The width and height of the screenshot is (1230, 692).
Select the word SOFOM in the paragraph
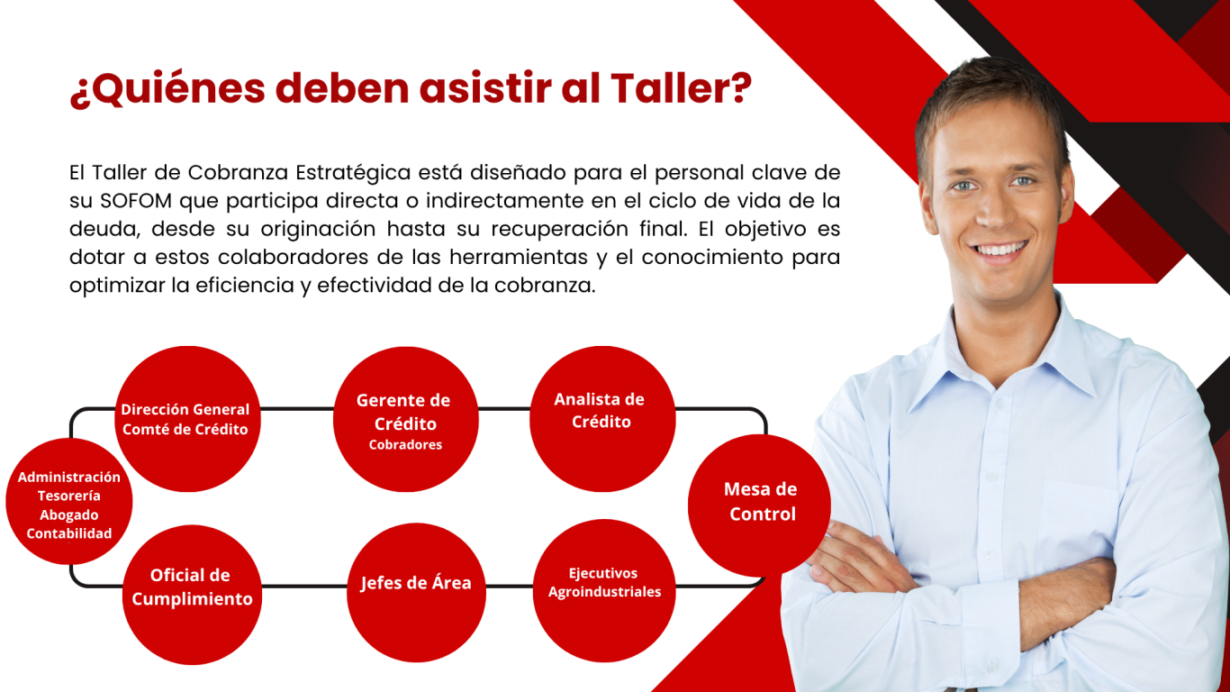point(136,201)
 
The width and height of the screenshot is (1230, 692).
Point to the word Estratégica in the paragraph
point(353,173)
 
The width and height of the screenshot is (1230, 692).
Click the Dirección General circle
point(188,419)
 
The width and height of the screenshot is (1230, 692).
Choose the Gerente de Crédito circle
point(406,419)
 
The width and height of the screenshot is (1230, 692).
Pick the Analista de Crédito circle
point(602,419)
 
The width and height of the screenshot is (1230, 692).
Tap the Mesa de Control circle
point(759,505)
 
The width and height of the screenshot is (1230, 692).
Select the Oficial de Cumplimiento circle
point(192,595)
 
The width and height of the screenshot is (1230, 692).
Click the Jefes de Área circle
point(416,593)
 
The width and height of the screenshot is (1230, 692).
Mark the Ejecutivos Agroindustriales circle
point(604,590)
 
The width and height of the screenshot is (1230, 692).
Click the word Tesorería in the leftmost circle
point(69,496)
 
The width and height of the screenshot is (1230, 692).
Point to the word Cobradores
point(405,444)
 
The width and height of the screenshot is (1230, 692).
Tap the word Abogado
point(69,515)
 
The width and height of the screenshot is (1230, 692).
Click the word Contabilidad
point(69,533)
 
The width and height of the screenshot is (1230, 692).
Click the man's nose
point(993,212)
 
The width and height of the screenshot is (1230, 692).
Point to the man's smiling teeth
point(1000,250)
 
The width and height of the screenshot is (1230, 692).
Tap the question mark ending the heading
point(741,87)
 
